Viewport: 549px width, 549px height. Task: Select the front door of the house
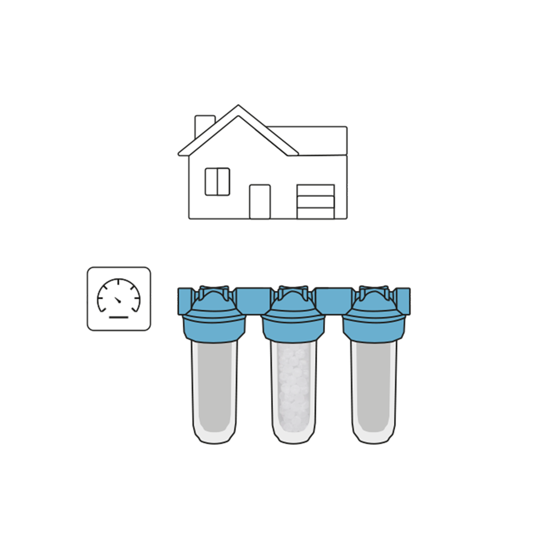(x=260, y=201)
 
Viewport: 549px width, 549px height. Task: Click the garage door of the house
(x=315, y=201)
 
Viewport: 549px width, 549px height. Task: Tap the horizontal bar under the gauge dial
(x=118, y=317)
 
